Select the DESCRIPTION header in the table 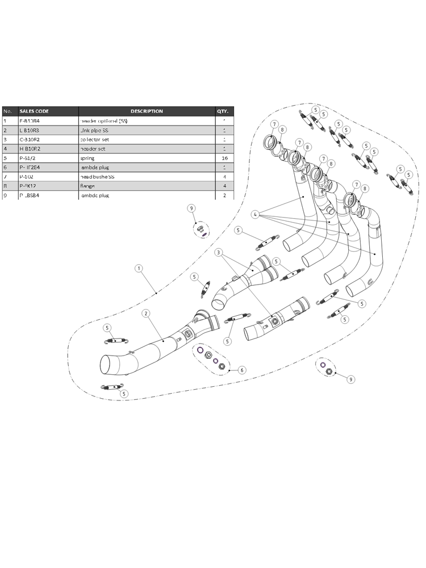pos(147,111)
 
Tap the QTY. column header pos(222,111)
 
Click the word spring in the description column pos(87,158)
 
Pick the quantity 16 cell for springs pos(224,158)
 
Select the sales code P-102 pos(26,176)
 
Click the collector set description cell pos(94,139)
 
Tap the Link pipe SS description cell pos(95,130)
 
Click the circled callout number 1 pos(138,267)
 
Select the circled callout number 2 pos(146,313)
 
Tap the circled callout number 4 pos(256,215)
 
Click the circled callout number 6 pos(242,370)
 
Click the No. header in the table pos(7,111)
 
